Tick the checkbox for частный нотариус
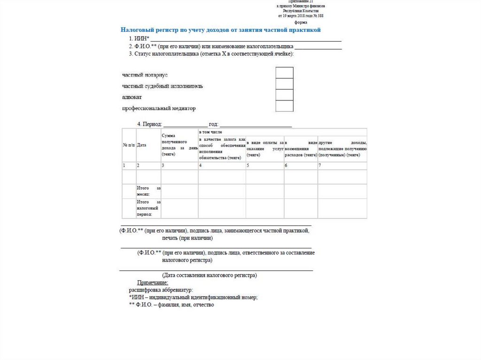coord(284,73)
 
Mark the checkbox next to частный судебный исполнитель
coord(284,84)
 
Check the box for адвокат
coord(284,95)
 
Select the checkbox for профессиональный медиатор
coord(284,106)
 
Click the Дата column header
coord(141,145)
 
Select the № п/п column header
coord(129,145)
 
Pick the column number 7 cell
coord(342,166)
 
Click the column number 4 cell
coord(222,166)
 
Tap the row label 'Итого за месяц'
coord(148,191)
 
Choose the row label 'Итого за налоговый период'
coord(148,208)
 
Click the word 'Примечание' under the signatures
coord(152,283)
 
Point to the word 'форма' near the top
coord(301,22)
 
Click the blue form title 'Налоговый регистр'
coord(220,30)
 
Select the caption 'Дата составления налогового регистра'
coord(209,275)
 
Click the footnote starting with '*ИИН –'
coord(193,298)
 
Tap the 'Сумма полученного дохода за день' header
coord(179,145)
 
